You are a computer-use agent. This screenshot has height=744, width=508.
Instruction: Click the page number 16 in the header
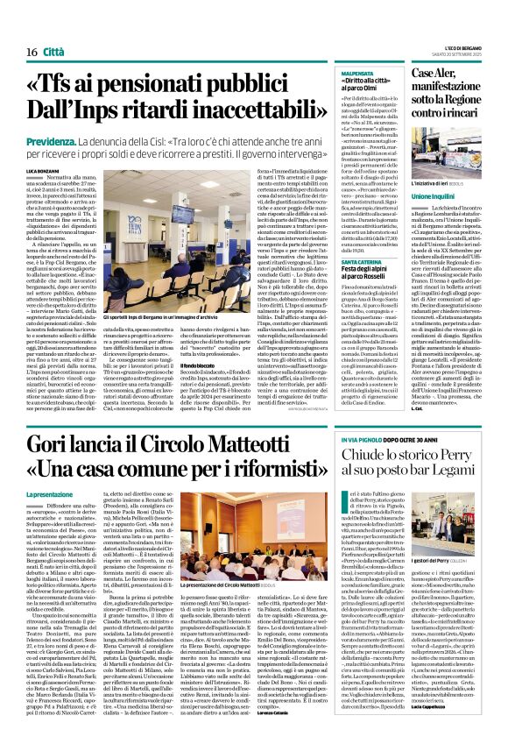pyautogui.click(x=19, y=28)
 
